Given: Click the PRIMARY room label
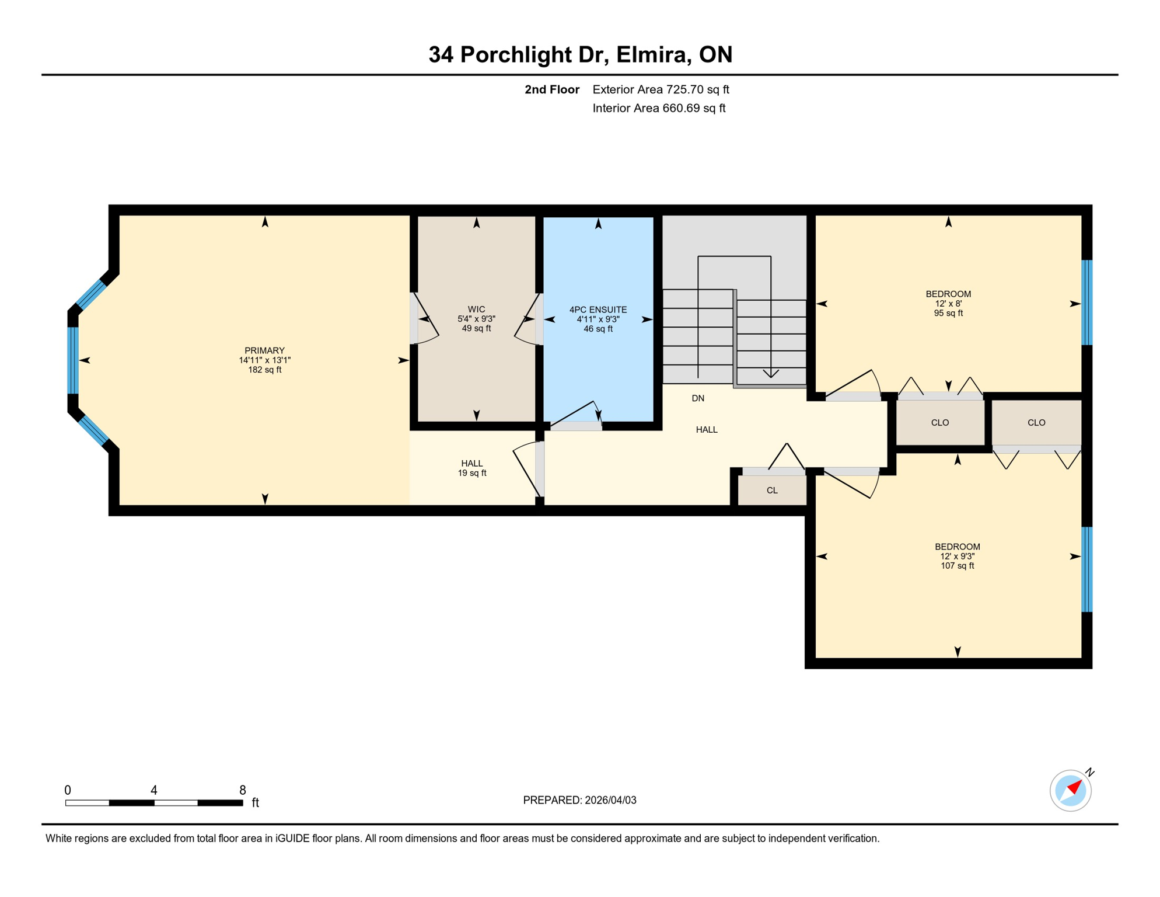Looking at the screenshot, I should click(x=264, y=351).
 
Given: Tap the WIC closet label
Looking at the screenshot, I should click(x=476, y=310).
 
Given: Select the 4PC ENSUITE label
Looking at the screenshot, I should click(x=598, y=310).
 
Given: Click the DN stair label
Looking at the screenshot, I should click(x=698, y=398).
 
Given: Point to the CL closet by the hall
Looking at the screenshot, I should click(x=772, y=491).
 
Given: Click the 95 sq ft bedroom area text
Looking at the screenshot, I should click(x=948, y=314).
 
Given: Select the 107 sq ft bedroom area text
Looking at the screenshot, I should click(x=957, y=566).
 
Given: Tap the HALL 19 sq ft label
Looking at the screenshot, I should click(x=471, y=468).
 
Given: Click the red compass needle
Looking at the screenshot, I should click(x=1075, y=787).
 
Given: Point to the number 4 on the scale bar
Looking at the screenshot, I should click(x=154, y=790).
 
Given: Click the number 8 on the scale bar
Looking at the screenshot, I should click(x=243, y=790).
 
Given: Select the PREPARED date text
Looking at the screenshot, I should click(x=579, y=800).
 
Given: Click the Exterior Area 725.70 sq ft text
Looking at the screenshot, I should click(x=661, y=89).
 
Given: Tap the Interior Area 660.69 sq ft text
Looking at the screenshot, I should click(x=659, y=108).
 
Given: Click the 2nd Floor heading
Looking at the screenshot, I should click(x=551, y=89).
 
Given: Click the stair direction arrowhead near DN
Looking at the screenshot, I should click(x=771, y=374).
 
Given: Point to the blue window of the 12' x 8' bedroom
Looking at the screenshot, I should click(x=1087, y=303).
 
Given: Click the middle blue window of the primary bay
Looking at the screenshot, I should click(x=73, y=360).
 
